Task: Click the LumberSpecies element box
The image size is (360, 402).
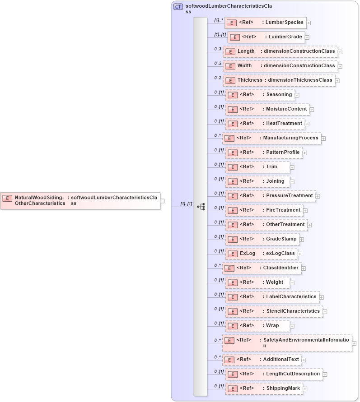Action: [266, 23]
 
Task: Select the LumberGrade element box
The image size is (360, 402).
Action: [266, 37]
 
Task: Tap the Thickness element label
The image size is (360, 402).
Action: [250, 80]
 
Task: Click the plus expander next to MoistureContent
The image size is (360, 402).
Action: [312, 109]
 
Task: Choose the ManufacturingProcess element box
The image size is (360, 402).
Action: [271, 138]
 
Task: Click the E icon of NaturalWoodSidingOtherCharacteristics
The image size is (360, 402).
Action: [7, 198]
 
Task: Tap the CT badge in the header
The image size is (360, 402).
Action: [178, 7]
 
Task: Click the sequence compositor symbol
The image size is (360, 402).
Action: [201, 207]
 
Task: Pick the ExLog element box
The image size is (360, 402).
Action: [262, 254]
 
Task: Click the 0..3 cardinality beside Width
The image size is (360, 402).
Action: [218, 63]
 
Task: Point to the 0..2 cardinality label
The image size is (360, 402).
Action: [218, 78]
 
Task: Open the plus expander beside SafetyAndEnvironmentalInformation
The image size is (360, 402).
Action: [354, 343]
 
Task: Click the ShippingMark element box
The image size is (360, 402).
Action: [264, 388]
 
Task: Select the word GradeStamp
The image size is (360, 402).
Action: [281, 239]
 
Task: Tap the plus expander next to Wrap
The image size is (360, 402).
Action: [292, 326]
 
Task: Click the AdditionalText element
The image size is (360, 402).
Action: [262, 360]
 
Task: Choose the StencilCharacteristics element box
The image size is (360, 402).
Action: [274, 311]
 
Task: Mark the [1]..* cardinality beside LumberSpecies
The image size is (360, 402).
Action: [218, 20]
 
